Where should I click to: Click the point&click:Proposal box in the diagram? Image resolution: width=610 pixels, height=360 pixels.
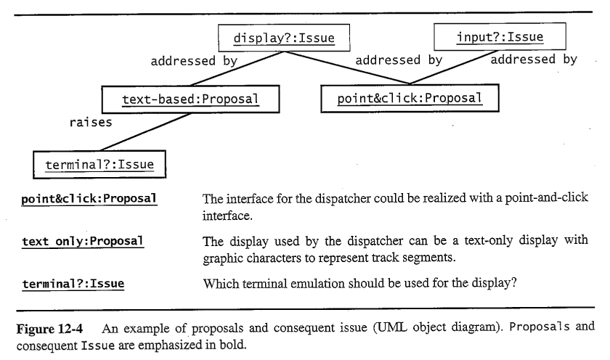[x=410, y=98]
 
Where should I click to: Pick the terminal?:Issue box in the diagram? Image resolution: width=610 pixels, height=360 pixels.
[x=99, y=164]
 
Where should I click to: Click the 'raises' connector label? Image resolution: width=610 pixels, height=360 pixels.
[x=91, y=122]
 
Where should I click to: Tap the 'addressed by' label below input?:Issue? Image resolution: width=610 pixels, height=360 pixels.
[x=533, y=60]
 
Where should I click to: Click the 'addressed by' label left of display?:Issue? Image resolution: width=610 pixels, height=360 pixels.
[x=194, y=61]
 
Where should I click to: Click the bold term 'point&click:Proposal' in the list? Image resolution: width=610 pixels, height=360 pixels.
[x=89, y=199]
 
